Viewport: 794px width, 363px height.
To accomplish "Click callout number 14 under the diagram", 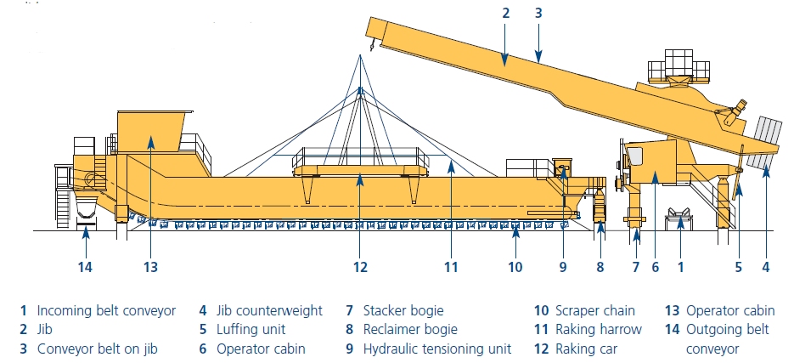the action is tap(86, 266).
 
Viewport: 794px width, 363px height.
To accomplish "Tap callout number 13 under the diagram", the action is tap(150, 266).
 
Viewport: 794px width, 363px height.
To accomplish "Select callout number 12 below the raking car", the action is tap(360, 266).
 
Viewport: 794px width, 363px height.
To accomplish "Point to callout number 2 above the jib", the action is tap(505, 14).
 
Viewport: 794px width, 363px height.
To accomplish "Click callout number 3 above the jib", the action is tap(538, 14).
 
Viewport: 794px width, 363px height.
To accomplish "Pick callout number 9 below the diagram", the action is tap(563, 266).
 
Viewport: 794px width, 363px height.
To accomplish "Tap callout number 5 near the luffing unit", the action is tap(738, 266).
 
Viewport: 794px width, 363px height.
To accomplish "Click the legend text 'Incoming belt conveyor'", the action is tap(106, 310).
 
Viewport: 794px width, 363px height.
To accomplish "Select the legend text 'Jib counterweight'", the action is tap(269, 310).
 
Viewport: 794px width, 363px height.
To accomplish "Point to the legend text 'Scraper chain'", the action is tap(595, 310).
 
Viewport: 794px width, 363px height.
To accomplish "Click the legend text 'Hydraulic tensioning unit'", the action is tap(437, 349).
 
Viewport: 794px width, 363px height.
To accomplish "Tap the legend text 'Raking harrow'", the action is tap(599, 330).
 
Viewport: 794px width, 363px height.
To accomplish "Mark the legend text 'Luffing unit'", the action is tap(251, 330).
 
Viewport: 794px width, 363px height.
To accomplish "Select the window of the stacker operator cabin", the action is tap(634, 156).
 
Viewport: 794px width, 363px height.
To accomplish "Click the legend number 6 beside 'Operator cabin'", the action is tap(203, 349).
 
